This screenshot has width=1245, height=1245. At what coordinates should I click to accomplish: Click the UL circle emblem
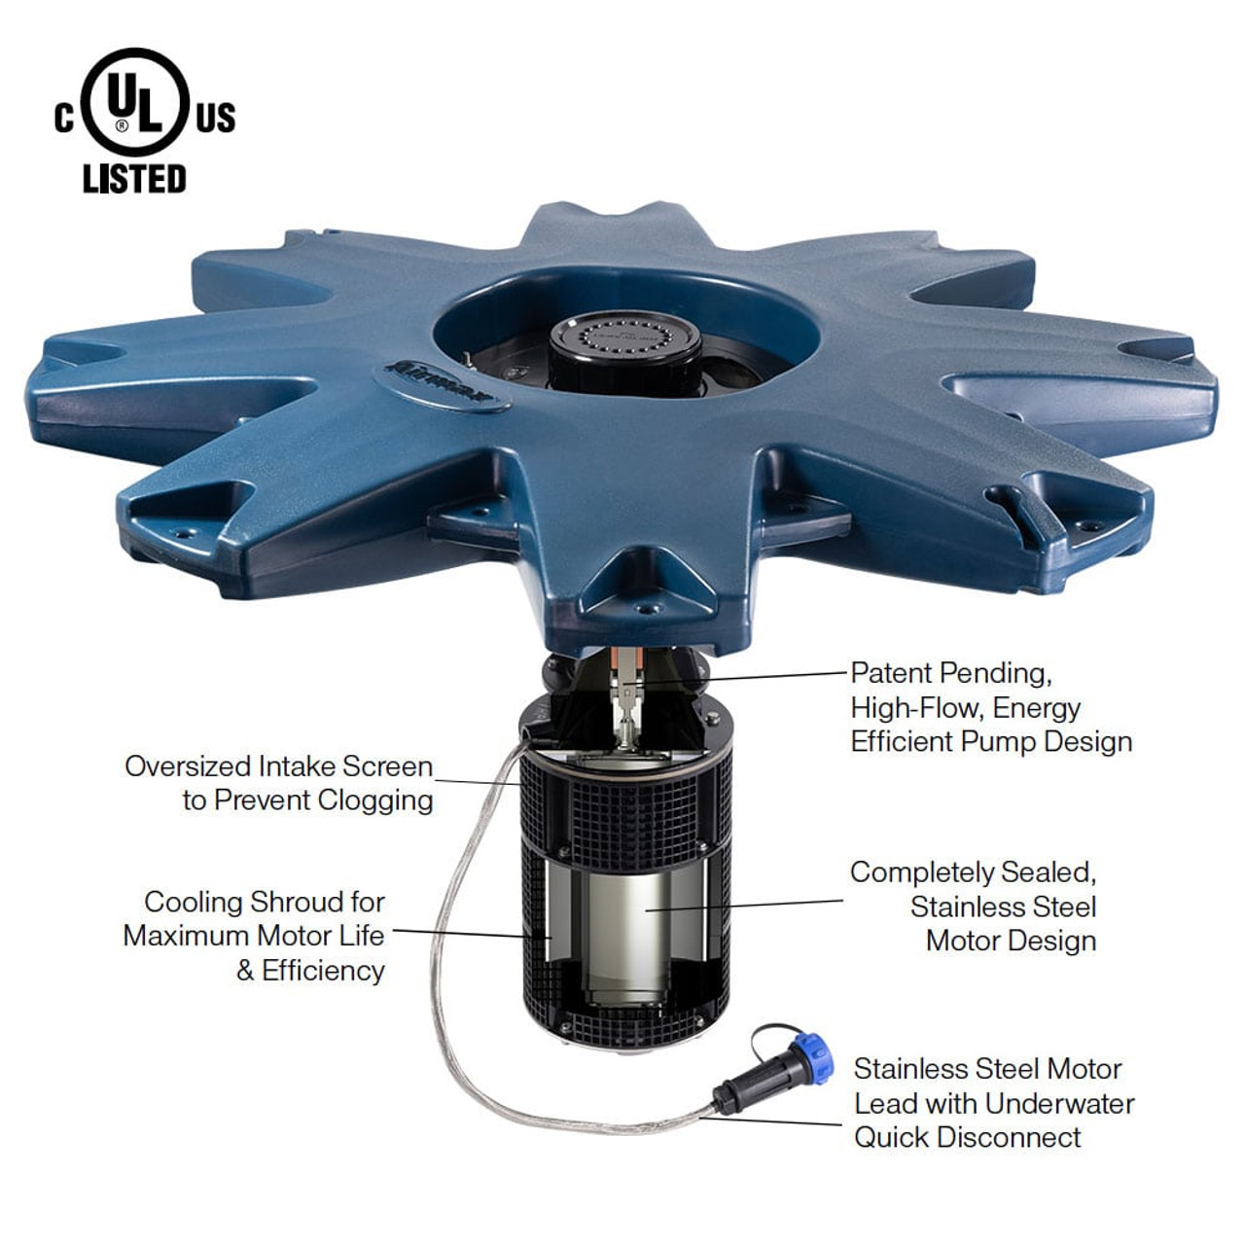pyautogui.click(x=135, y=102)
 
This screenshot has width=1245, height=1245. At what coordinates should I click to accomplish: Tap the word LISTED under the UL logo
pyautogui.click(x=134, y=179)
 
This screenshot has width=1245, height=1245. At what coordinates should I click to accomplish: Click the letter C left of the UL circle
pyautogui.click(x=64, y=119)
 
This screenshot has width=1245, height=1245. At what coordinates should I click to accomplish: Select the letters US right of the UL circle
pyautogui.click(x=215, y=119)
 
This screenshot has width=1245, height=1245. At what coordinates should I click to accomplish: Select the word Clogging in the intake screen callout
pyautogui.click(x=374, y=800)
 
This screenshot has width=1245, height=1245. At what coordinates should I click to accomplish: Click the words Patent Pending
pyautogui.click(x=950, y=673)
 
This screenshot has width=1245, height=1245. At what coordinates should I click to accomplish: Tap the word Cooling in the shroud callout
pyautogui.click(x=193, y=902)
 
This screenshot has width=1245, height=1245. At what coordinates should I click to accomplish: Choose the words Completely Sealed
pyautogui.click(x=973, y=872)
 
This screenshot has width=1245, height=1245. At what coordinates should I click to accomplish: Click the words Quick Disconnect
pyautogui.click(x=967, y=1137)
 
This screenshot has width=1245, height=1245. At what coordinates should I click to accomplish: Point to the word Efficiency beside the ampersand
pyautogui.click(x=323, y=971)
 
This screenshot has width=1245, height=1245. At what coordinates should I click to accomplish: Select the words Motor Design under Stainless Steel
pyautogui.click(x=1011, y=941)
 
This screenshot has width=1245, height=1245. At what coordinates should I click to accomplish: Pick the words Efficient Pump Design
pyautogui.click(x=991, y=741)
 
